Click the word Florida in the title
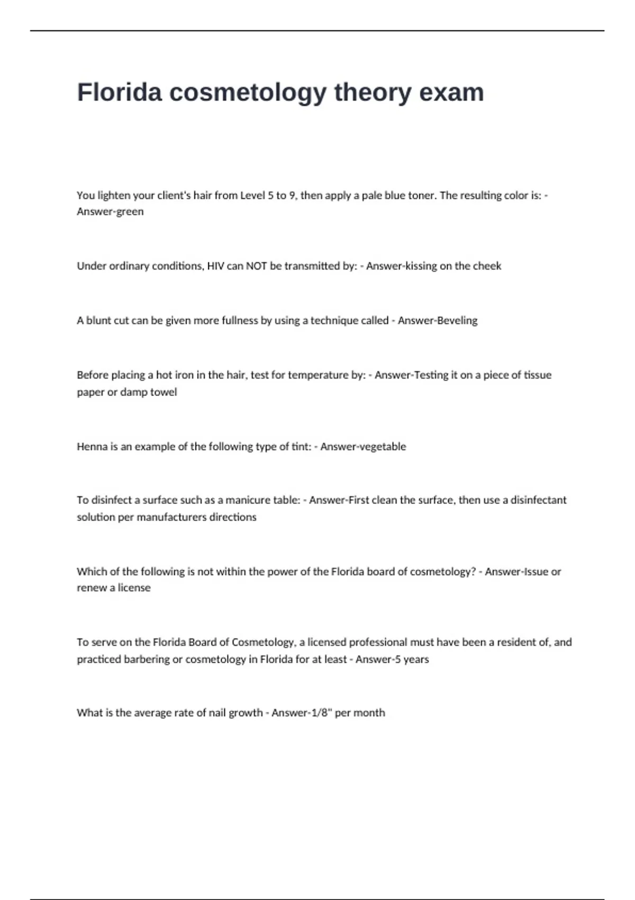click(x=119, y=92)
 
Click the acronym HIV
click(x=215, y=266)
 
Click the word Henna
click(x=92, y=446)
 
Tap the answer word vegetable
click(x=382, y=446)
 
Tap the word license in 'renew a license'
click(x=134, y=588)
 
